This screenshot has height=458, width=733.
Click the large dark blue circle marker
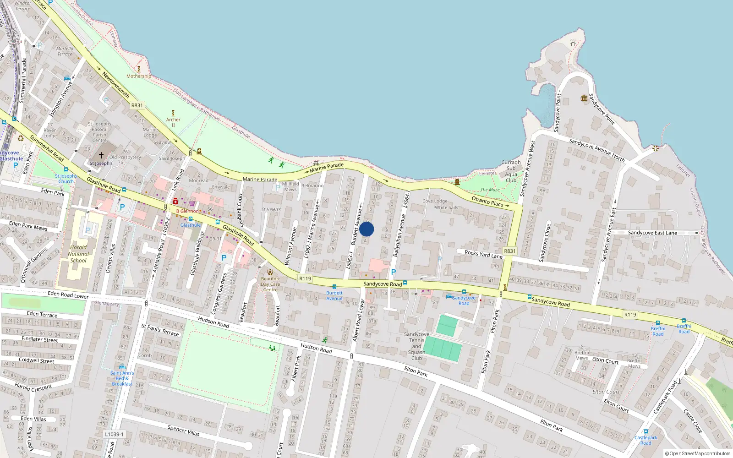tap(366, 229)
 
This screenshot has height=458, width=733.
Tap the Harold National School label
tap(78, 254)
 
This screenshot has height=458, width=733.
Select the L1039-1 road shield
tap(114, 434)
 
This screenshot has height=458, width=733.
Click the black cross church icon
tap(101, 156)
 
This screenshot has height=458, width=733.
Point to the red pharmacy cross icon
tap(175, 202)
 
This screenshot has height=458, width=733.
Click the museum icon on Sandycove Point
tap(584, 98)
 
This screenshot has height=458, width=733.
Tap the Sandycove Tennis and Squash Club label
tap(416, 346)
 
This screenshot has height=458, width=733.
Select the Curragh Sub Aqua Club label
tap(511, 171)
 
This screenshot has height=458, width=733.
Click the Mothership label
tap(138, 76)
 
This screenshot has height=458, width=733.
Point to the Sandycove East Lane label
tap(652, 233)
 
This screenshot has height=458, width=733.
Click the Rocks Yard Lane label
tap(483, 254)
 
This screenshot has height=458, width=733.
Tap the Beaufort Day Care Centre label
tap(270, 284)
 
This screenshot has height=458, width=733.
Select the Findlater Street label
tap(40, 339)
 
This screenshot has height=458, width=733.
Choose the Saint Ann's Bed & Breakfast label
tap(122, 378)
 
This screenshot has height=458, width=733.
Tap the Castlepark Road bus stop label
tap(645, 440)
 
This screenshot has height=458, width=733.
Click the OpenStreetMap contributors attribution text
tap(698, 453)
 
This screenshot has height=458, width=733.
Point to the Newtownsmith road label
tap(115, 85)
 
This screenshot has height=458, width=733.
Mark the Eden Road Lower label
tap(68, 295)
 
